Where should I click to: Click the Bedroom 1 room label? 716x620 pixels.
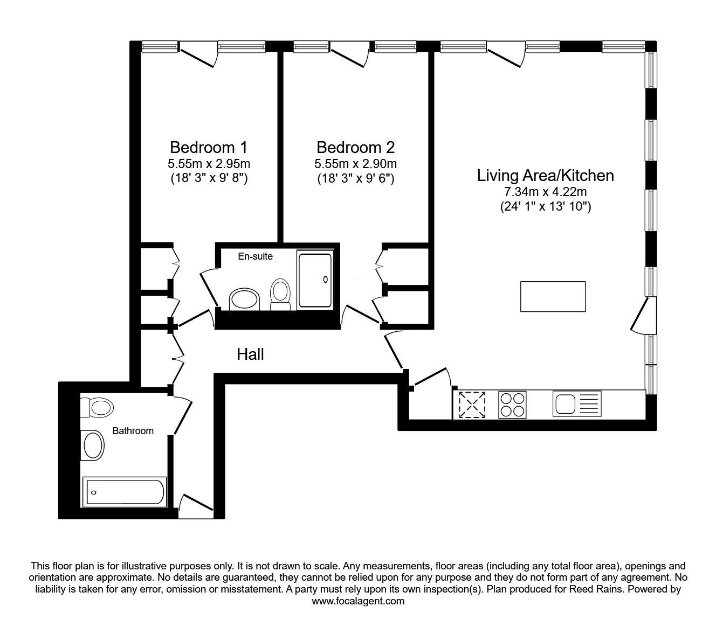[209, 148]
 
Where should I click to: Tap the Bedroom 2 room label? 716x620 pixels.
[356, 148]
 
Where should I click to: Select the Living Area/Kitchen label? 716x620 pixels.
[546, 176]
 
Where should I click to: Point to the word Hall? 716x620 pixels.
[250, 354]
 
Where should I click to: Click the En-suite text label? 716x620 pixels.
[256, 256]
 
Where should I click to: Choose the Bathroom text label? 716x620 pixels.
[133, 430]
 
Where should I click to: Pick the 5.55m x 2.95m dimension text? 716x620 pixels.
[209, 163]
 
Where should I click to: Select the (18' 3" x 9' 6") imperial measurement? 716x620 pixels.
[356, 179]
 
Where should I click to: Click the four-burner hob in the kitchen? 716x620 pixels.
[512, 405]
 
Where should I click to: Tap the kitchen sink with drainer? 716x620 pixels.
[577, 403]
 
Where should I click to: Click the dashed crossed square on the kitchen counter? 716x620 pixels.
[472, 405]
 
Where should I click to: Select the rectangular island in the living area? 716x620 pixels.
[553, 296]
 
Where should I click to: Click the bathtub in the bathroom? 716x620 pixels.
[125, 492]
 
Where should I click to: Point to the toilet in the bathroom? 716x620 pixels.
[97, 407]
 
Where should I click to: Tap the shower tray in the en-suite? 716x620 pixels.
[315, 280]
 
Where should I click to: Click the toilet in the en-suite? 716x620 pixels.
[280, 295]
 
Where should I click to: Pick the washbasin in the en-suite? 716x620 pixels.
[244, 300]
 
